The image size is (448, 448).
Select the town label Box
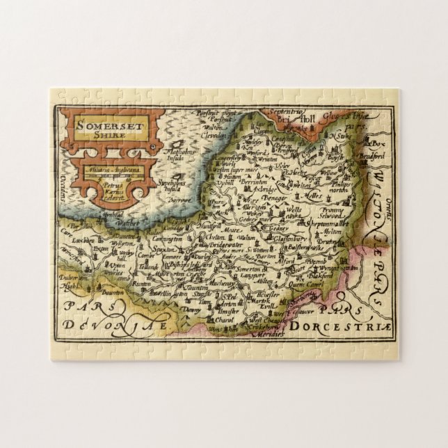378,144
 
